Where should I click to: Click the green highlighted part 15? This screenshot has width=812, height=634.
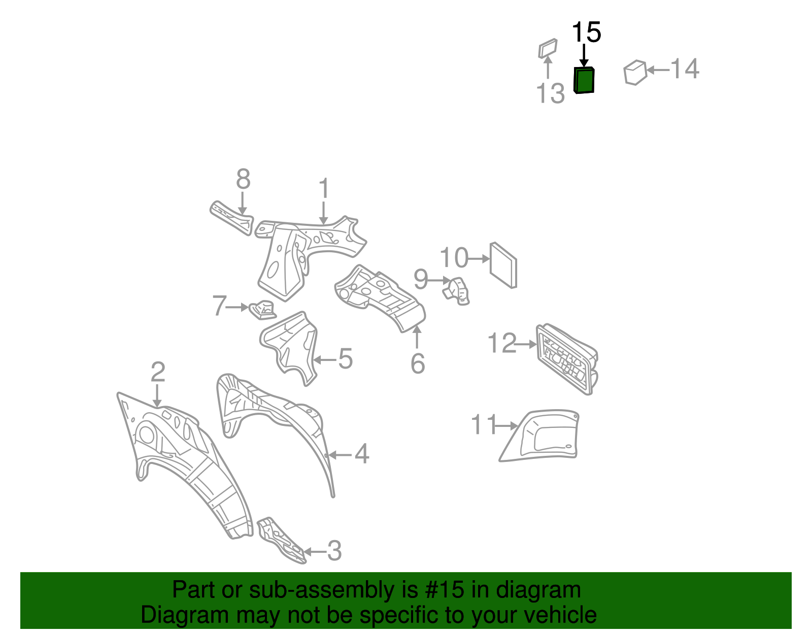tap(584, 80)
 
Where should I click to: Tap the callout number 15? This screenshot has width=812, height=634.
tap(586, 32)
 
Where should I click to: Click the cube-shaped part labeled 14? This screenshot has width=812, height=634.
tap(635, 73)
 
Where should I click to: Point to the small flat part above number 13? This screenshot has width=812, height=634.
tap(548, 48)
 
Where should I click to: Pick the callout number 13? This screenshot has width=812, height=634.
tap(550, 93)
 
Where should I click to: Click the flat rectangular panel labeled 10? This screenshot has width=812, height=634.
tap(503, 265)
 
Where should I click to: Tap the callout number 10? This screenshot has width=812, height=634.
tap(454, 258)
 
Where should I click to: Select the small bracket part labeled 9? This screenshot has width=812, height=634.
tap(456, 291)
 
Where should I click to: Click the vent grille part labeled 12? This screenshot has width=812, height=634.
tap(566, 359)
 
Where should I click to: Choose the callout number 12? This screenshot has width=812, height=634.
tap(502, 343)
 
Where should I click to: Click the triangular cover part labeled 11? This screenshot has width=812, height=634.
tap(540, 436)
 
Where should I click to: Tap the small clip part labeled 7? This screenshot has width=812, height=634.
tap(262, 310)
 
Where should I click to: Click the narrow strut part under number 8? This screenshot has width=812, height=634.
tap(231, 218)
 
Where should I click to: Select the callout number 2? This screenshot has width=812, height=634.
tap(158, 372)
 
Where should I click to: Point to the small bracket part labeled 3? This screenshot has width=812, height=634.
tap(281, 540)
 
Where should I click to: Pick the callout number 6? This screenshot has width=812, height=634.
tap(417, 363)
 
